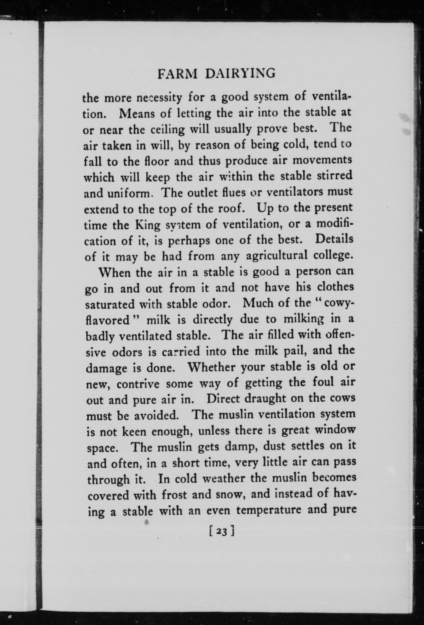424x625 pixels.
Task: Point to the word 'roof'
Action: coord(232,209)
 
